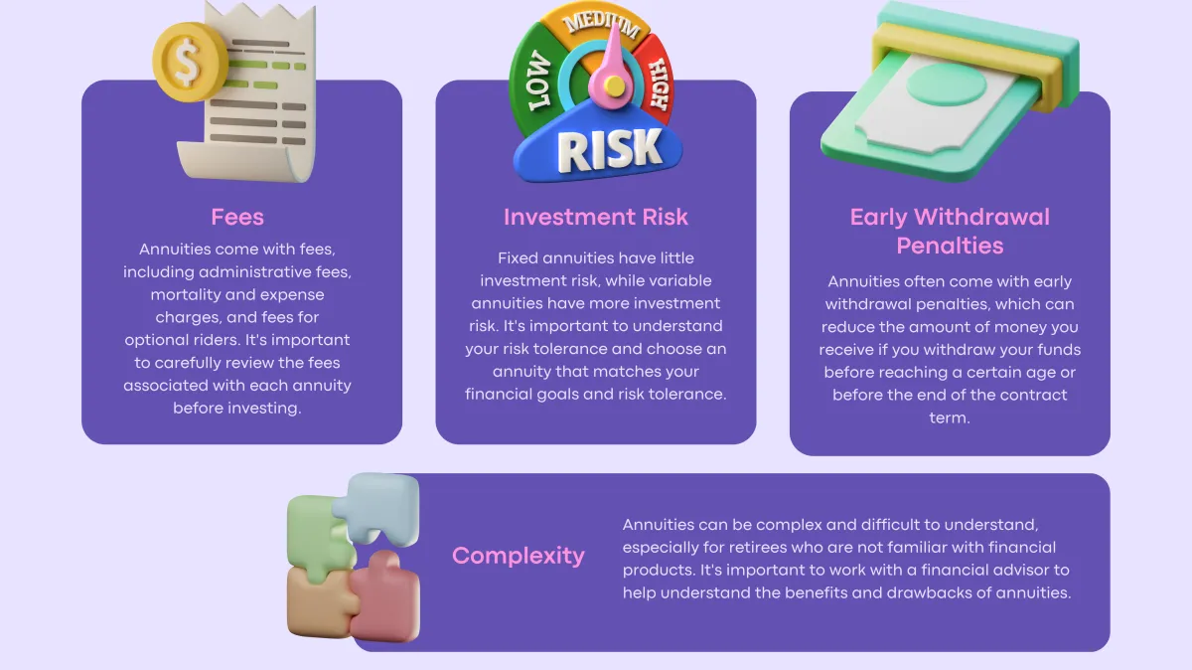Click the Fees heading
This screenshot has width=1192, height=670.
point(237,218)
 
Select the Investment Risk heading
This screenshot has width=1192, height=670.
point(595,218)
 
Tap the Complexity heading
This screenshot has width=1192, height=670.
point(519,557)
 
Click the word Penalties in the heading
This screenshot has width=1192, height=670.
point(950,247)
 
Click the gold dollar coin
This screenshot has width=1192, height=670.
point(188,62)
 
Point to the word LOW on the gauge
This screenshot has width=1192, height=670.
point(538,81)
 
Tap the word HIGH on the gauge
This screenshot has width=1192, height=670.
point(660,84)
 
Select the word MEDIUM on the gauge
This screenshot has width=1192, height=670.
point(602,24)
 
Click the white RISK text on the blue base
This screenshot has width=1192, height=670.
point(609,151)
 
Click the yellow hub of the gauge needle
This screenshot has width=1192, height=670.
point(615,86)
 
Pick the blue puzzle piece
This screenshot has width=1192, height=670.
point(377,509)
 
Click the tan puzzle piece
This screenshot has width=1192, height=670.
point(319,601)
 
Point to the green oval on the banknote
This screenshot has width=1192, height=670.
point(946,84)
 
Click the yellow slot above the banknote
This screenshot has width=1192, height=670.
point(966,63)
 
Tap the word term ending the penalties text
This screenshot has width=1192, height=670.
point(950,418)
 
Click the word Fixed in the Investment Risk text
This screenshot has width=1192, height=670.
point(518,258)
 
